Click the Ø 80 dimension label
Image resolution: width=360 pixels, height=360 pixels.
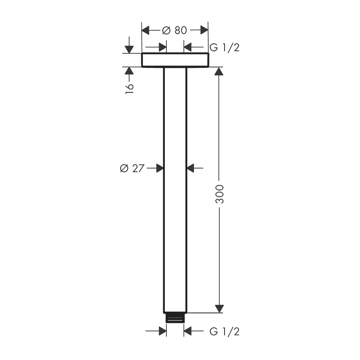tap(174, 30)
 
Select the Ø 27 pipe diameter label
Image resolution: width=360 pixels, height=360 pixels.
tap(132, 168)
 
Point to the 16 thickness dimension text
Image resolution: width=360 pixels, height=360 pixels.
tap(130, 89)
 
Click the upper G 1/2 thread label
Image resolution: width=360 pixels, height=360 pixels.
tap(224, 48)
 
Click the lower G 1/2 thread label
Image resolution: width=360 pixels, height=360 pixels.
tap(224, 331)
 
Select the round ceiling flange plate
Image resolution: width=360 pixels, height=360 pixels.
tap(175, 60)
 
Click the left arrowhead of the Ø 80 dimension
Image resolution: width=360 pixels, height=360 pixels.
tap(145, 30)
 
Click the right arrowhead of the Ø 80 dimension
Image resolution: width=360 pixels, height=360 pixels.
tap(204, 30)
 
